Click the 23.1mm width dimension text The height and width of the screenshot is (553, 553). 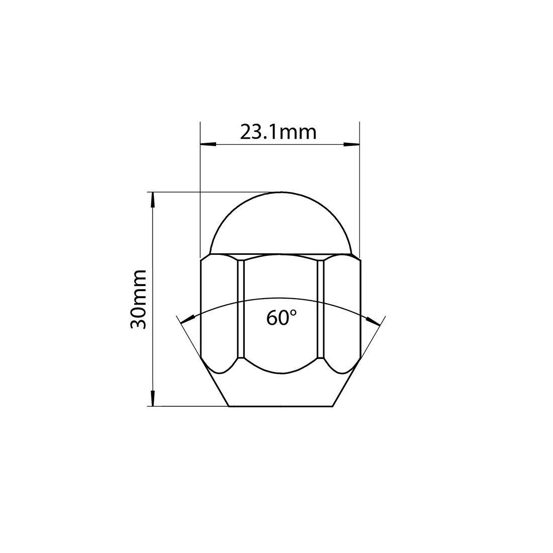click(x=278, y=132)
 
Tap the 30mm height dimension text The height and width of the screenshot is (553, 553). click(x=138, y=299)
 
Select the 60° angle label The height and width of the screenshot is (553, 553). click(x=281, y=318)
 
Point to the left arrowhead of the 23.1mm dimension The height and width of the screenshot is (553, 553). click(x=207, y=145)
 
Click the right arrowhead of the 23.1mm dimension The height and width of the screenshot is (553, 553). click(x=353, y=145)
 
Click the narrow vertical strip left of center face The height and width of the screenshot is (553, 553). click(x=240, y=309)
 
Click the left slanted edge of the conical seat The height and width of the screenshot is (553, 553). click(x=215, y=382)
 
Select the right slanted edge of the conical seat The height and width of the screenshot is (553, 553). click(x=346, y=382)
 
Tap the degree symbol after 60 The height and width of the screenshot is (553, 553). click(x=293, y=313)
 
